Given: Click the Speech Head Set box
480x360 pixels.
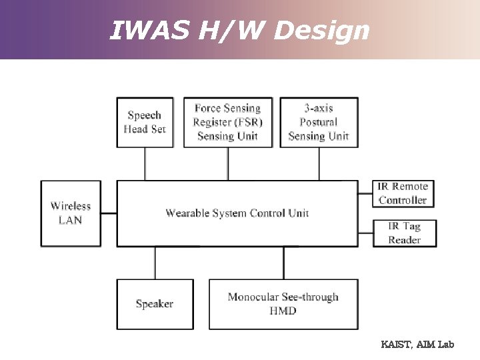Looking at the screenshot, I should click(145, 122).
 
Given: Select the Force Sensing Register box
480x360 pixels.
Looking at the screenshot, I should click(228, 122).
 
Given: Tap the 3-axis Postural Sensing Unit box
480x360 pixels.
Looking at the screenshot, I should click(319, 122).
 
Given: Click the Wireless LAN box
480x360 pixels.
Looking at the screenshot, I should click(71, 213).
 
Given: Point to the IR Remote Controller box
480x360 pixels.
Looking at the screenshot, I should click(403, 193).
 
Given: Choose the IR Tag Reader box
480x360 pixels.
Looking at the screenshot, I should click(404, 233).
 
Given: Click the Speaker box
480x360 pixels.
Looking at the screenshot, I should click(155, 304).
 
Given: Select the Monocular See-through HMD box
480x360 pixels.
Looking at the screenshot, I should click(283, 304).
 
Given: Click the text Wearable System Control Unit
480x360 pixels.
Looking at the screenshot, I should click(237, 213).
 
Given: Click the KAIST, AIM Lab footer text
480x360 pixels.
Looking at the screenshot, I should click(417, 345).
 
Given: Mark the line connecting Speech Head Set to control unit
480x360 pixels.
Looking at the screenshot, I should click(145, 163).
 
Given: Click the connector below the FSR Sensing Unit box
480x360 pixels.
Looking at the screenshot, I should click(228, 163).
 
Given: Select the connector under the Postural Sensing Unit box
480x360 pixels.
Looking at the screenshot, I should click(319, 163).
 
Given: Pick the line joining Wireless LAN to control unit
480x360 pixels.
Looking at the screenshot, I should click(109, 213).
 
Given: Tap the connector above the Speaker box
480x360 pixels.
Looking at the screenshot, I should click(155, 263).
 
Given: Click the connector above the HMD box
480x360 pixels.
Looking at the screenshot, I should click(283, 263).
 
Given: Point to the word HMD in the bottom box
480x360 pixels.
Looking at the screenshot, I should click(283, 311).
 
